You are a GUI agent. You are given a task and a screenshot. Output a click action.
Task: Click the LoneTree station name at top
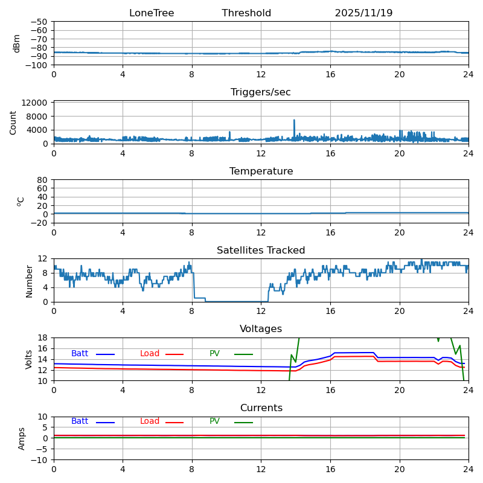pos(152,13)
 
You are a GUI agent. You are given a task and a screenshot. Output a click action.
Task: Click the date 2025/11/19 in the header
pos(363,13)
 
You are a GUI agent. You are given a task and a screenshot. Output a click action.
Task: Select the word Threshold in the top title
pos(246,13)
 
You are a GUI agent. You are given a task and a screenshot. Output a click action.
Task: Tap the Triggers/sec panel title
pos(261,92)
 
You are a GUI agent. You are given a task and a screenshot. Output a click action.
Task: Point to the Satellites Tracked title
pos(261,251)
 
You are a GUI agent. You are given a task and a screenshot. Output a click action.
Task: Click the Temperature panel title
pos(261,171)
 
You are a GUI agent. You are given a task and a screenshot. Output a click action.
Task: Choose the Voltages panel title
pos(261,329)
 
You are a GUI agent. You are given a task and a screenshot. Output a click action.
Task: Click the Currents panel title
pos(261,408)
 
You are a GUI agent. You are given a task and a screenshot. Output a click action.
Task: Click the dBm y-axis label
pos(17,43)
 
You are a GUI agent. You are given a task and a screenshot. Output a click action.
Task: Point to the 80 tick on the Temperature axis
pos(43,180)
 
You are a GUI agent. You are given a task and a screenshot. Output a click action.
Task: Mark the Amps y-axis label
pos(22,438)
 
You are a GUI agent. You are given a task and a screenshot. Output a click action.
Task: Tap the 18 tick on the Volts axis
pos(43,337)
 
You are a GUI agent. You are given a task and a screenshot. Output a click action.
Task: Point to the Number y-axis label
pos(29,281)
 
